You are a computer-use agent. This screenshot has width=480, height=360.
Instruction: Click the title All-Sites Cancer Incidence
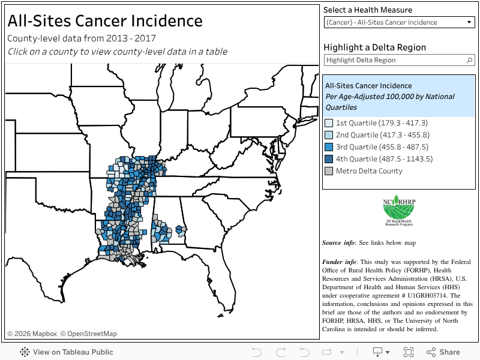pos(105,21)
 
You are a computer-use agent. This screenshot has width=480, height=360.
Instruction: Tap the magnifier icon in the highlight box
pos(470,61)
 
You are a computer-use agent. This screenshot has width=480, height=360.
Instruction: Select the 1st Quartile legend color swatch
pos(329,123)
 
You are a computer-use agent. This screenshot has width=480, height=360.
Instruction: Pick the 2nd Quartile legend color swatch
pos(329,135)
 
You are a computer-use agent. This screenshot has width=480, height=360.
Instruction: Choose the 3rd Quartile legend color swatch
pos(329,147)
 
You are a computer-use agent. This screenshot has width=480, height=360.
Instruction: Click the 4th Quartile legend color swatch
pos(329,159)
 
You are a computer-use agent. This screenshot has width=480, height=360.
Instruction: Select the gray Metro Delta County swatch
pos(329,171)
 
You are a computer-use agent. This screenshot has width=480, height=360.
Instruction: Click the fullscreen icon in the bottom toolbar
pos(409,352)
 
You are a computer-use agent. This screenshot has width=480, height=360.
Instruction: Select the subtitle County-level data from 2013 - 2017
pos(82,38)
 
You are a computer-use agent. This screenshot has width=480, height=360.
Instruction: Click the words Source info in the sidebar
pos(339,243)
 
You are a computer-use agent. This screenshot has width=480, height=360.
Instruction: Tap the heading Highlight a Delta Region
pos(374,47)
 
